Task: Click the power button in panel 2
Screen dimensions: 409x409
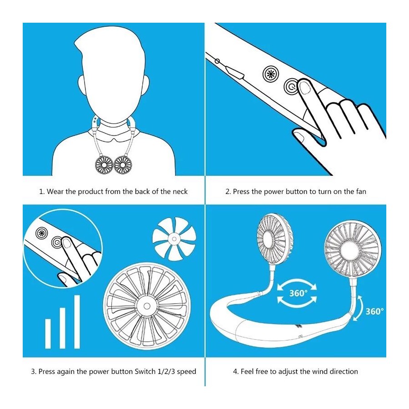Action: click(291, 86)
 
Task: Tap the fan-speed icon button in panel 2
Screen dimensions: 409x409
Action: click(271, 74)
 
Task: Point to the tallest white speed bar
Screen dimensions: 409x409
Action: click(77, 322)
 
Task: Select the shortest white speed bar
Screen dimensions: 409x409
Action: click(48, 334)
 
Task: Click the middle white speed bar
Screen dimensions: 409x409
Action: click(62, 328)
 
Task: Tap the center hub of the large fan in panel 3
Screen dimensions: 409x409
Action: click(147, 306)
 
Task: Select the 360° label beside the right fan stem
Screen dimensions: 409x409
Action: click(374, 311)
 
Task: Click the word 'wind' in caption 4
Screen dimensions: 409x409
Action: click(320, 371)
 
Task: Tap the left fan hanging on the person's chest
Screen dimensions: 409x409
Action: click(104, 165)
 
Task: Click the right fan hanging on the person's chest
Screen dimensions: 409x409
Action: click(123, 165)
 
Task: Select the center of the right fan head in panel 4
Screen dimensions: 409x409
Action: click(352, 249)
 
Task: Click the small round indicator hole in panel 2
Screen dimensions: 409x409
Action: click(217, 61)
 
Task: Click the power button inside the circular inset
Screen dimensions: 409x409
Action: click(57, 243)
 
